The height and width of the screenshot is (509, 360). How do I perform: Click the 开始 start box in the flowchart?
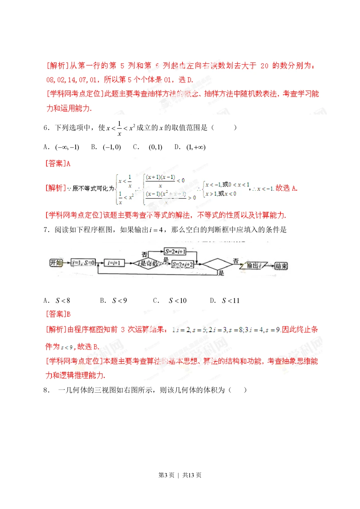pyautogui.click(x=56, y=263)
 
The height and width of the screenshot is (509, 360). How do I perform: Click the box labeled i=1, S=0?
pyautogui.click(x=84, y=263)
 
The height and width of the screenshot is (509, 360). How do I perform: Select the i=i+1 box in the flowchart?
pyautogui.click(x=114, y=263)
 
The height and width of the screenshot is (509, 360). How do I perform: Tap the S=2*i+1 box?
pyautogui.click(x=175, y=252)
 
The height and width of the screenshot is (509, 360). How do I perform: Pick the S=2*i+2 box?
pyautogui.click(x=183, y=265)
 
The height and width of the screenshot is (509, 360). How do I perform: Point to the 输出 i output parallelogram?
pyautogui.click(x=254, y=266)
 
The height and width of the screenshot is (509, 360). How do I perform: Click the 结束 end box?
pyautogui.click(x=281, y=266)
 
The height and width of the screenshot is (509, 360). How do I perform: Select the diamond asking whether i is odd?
pyautogui.click(x=149, y=264)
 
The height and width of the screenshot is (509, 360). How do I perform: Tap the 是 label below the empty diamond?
pyautogui.click(x=221, y=273)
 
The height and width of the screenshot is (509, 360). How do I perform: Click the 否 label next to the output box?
pyautogui.click(x=236, y=261)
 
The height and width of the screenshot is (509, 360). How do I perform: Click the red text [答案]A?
pyautogui.click(x=58, y=163)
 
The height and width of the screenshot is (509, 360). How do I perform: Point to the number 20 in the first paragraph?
pyautogui.click(x=264, y=66)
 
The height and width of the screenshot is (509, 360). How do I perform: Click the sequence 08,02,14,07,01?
pyautogui.click(x=72, y=80)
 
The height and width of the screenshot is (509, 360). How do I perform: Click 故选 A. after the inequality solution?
pyautogui.click(x=287, y=188)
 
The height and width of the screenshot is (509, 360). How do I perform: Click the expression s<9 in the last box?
pyautogui.click(x=67, y=347)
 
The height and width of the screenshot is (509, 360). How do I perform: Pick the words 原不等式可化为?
pyautogui.click(x=93, y=188)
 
